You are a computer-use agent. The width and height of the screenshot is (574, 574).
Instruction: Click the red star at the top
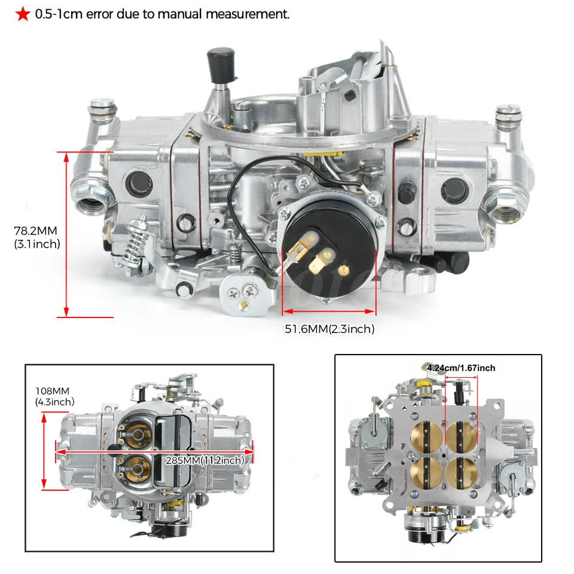[23, 14]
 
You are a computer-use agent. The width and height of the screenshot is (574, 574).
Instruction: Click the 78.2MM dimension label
[37, 231]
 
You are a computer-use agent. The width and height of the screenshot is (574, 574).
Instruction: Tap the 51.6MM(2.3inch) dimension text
[329, 328]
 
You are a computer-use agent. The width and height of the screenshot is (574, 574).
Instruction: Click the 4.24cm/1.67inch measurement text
[461, 368]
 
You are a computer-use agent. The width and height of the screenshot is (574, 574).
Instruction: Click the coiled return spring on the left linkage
[138, 241]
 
